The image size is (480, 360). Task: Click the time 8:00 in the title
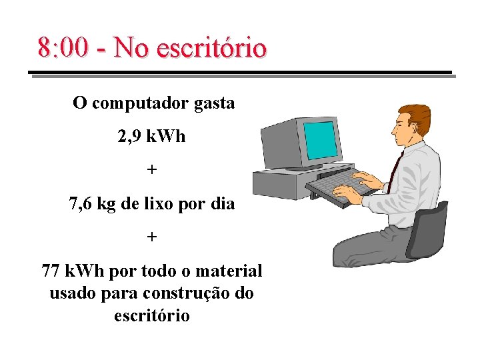tap(62, 48)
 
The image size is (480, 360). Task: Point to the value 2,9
tap(128, 137)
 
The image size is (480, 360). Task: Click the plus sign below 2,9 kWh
tap(152, 169)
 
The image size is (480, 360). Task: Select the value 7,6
tap(81, 203)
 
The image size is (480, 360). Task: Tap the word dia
tap(223, 203)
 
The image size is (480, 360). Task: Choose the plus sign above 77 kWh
tap(152, 237)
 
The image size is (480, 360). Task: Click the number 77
tap(51, 271)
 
